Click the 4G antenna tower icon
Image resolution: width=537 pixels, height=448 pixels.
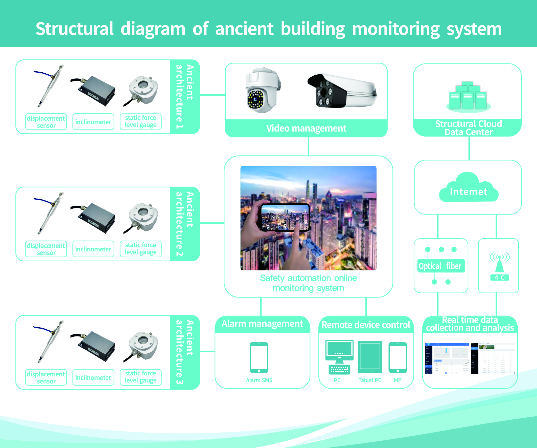pos(499,264)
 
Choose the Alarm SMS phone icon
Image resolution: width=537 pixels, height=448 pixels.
pos(259,357)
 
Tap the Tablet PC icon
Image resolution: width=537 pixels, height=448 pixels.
pos(370,357)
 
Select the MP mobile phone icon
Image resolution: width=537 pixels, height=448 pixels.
pos(397,357)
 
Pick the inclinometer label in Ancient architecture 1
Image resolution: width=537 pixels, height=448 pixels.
pos(93,122)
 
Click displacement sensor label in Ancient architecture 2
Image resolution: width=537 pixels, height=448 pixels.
pos(46,249)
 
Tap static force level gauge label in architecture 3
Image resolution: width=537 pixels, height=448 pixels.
pos(141,377)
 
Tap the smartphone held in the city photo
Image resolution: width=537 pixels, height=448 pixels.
pos(285,218)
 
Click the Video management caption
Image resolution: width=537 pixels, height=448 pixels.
pos(306,128)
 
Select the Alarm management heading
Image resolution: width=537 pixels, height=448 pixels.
pos(262,324)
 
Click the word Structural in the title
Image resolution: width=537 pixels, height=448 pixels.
pos(74,29)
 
